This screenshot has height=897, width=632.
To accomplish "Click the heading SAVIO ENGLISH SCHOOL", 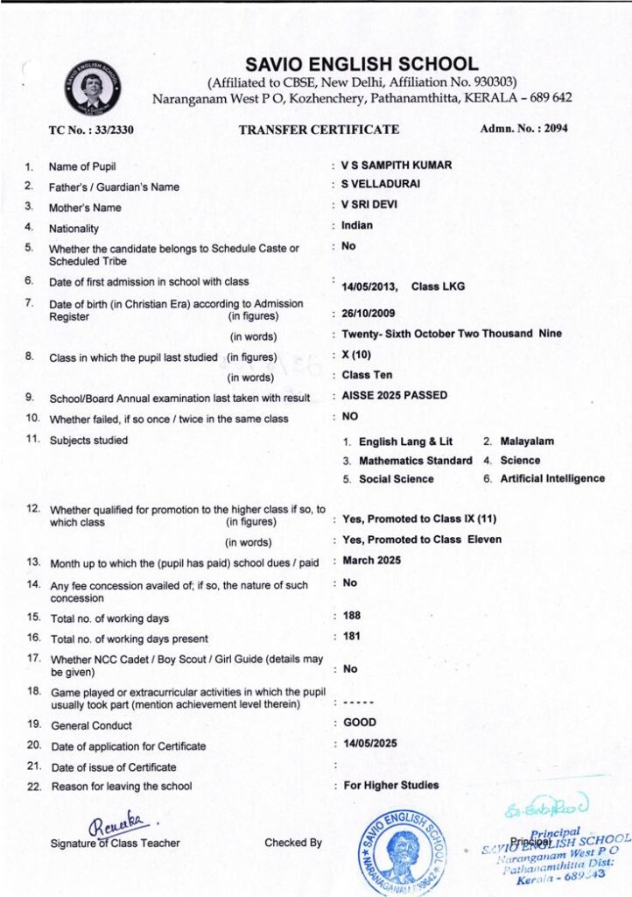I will pyautogui.click(x=362, y=64).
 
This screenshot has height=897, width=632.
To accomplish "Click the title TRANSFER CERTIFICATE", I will pyautogui.click(x=319, y=130).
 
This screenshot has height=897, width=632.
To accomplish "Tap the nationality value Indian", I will pyautogui.click(x=357, y=225).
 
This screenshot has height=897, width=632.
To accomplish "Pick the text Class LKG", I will pyautogui.click(x=438, y=286).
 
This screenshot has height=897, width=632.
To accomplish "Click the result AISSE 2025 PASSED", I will pyautogui.click(x=395, y=395).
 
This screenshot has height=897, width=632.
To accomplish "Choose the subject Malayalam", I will pyautogui.click(x=527, y=441).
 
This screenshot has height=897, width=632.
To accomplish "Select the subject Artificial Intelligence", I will pyautogui.click(x=552, y=478).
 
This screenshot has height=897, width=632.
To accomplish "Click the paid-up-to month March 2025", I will pyautogui.click(x=372, y=560).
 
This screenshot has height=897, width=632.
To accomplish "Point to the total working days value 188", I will pyautogui.click(x=352, y=615).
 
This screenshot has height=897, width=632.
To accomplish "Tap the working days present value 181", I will pyautogui.click(x=352, y=636).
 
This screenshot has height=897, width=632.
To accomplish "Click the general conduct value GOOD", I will pyautogui.click(x=360, y=723).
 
